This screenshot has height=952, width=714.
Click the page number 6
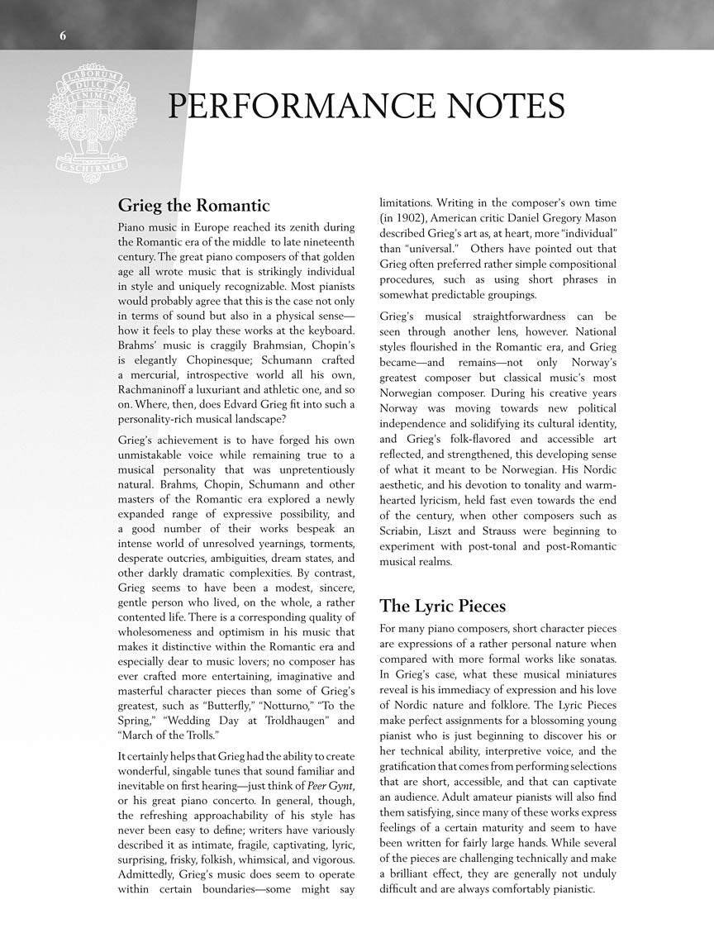click(63, 35)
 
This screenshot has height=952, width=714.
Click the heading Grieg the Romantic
click(193, 205)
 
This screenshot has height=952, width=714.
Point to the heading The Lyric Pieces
click(442, 606)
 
